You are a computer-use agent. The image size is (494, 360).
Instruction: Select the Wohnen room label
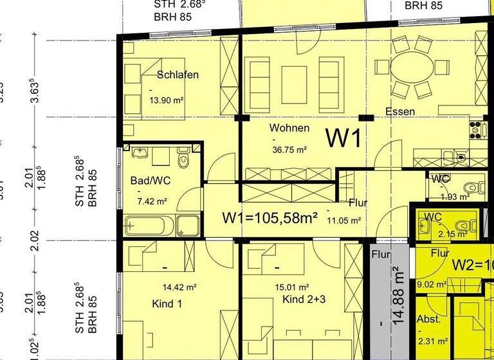pyautogui.click(x=289, y=128)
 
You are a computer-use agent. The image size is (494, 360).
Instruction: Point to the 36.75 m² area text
pyautogui.click(x=288, y=150)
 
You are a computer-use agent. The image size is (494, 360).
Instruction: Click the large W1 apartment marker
pyautogui.click(x=344, y=138)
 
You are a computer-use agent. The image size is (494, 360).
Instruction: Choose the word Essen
pyautogui.click(x=399, y=112)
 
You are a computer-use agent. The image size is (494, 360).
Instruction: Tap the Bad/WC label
pyautogui.click(x=150, y=181)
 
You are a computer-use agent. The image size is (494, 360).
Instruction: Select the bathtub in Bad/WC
pyautogui.click(x=151, y=226)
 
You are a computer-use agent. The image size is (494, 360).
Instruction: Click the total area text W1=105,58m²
pyautogui.click(x=270, y=218)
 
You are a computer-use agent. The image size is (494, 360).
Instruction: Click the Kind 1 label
pyautogui.click(x=167, y=303)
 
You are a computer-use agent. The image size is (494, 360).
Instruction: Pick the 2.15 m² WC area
pyautogui.click(x=453, y=234)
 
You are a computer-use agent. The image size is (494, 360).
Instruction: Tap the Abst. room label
pyautogui.click(x=428, y=319)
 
